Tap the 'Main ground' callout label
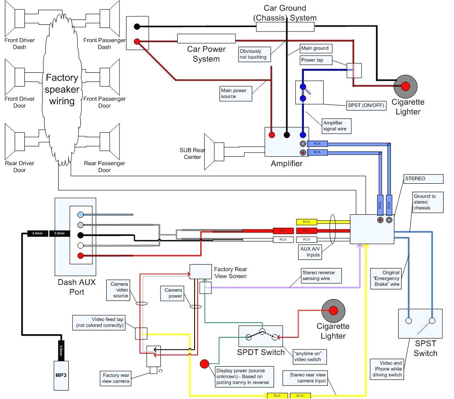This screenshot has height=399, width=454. point(315,48)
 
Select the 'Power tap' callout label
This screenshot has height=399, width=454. point(315,60)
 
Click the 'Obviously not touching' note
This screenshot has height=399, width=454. point(253,54)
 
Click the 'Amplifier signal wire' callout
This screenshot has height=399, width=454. point(336,126)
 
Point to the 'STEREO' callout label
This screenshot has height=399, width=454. point(423,179)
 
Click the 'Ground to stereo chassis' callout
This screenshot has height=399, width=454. point(428,202)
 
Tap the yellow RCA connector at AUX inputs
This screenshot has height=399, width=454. point(306,221)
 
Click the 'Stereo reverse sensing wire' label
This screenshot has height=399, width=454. point(321,276)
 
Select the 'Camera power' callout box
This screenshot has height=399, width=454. point(173,293)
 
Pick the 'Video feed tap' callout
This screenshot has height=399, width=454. point(102,322)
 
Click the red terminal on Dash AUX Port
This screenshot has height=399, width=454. point(80,255)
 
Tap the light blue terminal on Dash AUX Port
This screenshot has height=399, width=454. point(80,214)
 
